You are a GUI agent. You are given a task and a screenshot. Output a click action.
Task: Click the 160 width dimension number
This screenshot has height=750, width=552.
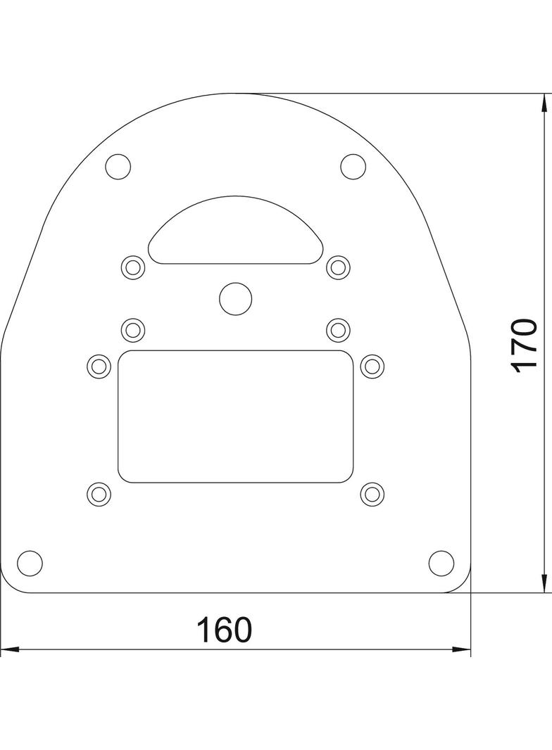pos(223,630)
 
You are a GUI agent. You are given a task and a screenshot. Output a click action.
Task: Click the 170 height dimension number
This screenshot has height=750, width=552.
pos(525,345)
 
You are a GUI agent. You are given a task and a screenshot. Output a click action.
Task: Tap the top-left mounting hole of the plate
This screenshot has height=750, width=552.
pos(118,167)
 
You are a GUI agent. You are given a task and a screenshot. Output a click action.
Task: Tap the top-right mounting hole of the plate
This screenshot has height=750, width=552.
pos(353,167)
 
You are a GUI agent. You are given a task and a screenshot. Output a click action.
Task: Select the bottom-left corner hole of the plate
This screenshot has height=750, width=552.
pos(30,563)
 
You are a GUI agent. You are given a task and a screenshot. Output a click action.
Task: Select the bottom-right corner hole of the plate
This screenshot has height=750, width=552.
pos(441,563)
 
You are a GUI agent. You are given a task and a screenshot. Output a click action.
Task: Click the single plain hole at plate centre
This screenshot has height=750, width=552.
pos(235,298)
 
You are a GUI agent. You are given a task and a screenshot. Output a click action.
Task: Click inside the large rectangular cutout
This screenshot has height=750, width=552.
pos(235,417)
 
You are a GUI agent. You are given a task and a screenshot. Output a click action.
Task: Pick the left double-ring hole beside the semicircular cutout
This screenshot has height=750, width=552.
pos(133,267)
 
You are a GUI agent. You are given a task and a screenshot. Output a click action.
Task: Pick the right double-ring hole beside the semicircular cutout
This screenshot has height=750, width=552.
pos(339,267)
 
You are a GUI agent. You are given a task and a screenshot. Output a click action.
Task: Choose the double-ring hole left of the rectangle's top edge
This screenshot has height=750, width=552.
pos(99,366)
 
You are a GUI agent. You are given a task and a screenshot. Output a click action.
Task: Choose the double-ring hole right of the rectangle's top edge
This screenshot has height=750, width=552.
pos(372,366)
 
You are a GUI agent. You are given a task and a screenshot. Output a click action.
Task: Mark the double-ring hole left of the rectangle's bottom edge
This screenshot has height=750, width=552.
pos(99,493)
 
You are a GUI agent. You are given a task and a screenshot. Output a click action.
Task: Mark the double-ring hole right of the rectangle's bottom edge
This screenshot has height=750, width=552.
pos(372,493)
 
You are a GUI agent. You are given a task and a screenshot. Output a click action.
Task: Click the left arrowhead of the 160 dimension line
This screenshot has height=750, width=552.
pos(8,649)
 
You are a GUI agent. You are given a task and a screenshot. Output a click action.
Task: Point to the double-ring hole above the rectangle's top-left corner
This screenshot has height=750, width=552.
pos(133,329)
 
